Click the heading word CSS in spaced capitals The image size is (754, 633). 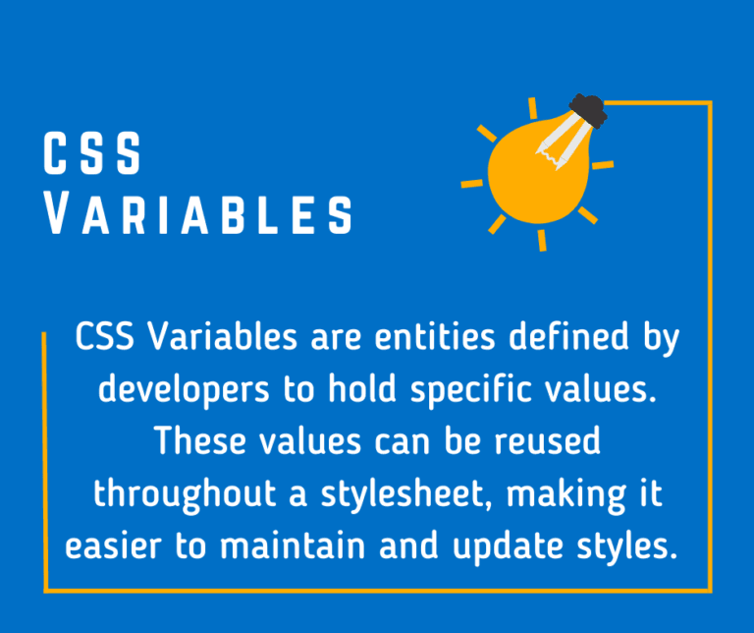click(93, 154)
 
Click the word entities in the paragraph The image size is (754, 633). click(413, 338)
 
